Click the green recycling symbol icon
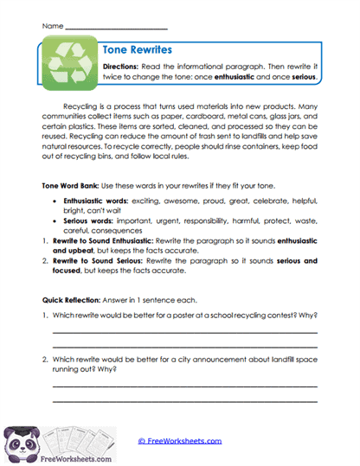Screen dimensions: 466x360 [x=67, y=66]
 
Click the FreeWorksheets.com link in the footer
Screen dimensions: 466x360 [x=180, y=441]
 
